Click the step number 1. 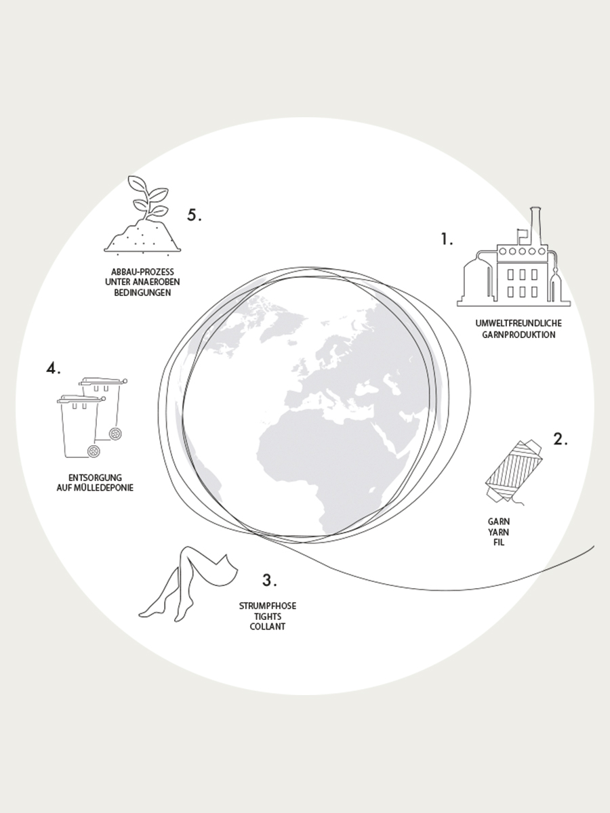(x=446, y=239)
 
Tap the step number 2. (x=561, y=439)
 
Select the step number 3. (x=269, y=580)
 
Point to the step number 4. (x=54, y=368)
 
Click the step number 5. (x=195, y=215)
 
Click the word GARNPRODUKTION (x=518, y=335)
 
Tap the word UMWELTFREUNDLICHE (x=518, y=323)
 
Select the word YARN (x=499, y=533)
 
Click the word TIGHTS (x=268, y=617)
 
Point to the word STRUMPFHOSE (x=268, y=606)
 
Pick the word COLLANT (x=268, y=627)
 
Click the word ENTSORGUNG (x=95, y=478)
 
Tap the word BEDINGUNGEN (x=142, y=292)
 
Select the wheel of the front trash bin (x=94, y=451)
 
